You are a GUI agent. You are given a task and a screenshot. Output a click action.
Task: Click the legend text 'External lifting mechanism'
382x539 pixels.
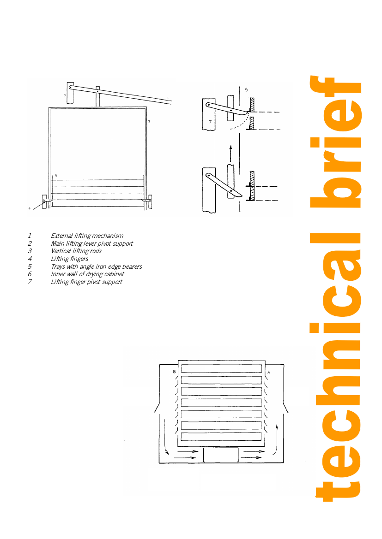tap(87, 236)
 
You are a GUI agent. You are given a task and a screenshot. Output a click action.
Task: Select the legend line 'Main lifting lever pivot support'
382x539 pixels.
tap(92, 243)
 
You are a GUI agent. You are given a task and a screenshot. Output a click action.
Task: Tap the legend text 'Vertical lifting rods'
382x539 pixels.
tap(77, 251)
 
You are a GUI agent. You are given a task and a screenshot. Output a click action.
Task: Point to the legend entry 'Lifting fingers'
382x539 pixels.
tap(70, 259)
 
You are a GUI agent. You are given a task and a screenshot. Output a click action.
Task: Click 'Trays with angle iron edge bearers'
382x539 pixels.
tap(97, 267)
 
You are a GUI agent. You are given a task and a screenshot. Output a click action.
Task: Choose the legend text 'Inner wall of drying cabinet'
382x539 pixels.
tap(87, 274)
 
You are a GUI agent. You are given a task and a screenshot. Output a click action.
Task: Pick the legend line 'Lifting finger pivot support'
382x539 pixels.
tap(86, 282)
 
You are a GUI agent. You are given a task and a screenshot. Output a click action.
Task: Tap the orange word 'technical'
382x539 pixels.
tap(335, 367)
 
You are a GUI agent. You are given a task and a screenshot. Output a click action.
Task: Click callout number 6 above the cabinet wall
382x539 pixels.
tap(246, 90)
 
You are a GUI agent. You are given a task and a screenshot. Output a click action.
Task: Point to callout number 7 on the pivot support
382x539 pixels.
tap(210, 122)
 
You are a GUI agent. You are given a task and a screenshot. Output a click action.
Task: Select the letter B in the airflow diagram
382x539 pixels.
tap(174, 372)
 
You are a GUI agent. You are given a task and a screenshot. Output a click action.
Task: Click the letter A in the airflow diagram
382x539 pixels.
tap(269, 372)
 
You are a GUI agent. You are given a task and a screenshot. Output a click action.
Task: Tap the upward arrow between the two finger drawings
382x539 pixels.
tap(231, 154)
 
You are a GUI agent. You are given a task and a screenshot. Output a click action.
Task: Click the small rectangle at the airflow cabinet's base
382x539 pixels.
tap(221, 455)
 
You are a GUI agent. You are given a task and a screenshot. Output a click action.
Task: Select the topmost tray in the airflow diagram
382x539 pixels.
tap(221, 368)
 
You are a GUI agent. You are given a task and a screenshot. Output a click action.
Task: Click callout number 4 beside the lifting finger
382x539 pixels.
tap(29, 208)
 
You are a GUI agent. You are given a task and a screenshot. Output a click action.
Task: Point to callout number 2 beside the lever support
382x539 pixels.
tap(64, 96)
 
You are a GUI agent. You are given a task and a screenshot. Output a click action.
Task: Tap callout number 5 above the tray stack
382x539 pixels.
tap(56, 175)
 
